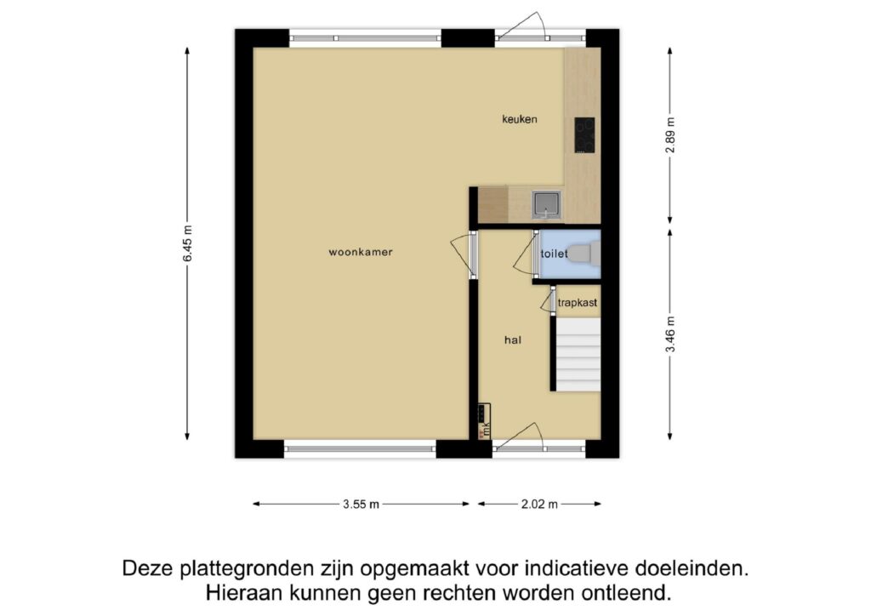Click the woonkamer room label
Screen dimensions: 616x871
click(x=361, y=252)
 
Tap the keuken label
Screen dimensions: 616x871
click(x=519, y=120)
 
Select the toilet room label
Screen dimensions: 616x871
click(x=554, y=254)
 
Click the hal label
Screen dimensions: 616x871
click(x=512, y=339)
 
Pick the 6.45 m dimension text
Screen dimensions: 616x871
click(x=187, y=245)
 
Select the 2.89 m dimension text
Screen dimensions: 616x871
click(x=670, y=134)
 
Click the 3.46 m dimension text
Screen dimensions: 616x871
click(x=670, y=334)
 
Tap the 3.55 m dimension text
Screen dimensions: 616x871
click(x=361, y=504)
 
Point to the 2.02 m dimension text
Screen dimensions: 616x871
click(x=540, y=504)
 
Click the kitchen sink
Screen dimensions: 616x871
click(x=545, y=203)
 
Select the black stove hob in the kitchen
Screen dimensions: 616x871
click(x=584, y=135)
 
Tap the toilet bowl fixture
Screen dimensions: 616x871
click(x=583, y=253)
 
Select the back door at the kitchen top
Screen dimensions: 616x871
click(x=521, y=28)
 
